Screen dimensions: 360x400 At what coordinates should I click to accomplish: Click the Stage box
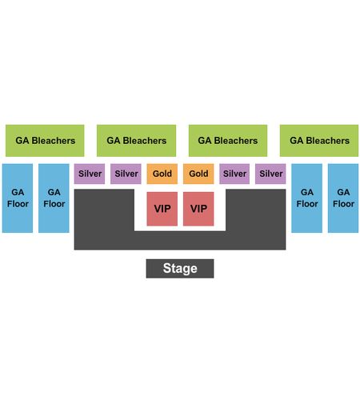tap(180, 269)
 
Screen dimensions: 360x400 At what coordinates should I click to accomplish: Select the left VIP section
tap(162, 209)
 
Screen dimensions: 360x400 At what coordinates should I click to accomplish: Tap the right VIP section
tap(198, 209)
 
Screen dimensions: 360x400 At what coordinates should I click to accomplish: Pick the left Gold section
tap(162, 174)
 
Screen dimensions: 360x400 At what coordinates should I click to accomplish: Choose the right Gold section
tap(198, 174)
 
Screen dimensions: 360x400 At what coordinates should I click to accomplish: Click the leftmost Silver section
tap(90, 174)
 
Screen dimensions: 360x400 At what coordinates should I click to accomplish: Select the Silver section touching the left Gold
tap(126, 174)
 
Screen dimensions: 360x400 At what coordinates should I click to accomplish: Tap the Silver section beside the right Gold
tap(234, 174)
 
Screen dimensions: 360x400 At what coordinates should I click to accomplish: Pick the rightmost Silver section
tap(270, 174)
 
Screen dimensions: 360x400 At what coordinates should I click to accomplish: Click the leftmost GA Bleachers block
tap(45, 141)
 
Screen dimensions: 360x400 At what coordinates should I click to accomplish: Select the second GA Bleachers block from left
tap(136, 141)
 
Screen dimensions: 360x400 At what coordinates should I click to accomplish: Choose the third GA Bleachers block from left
tap(228, 141)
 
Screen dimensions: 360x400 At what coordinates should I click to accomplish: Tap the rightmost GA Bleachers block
tap(319, 141)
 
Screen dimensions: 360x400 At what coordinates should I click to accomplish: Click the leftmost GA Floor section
tap(18, 198)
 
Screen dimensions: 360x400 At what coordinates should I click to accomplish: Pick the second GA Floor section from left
tap(54, 198)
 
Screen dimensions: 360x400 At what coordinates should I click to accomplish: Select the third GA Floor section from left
tap(306, 198)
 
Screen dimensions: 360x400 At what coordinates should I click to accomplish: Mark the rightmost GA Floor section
tap(343, 198)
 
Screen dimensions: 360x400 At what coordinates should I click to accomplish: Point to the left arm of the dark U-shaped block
tap(104, 210)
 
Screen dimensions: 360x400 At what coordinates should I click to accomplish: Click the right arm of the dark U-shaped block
tap(256, 210)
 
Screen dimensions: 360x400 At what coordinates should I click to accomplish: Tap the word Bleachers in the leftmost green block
tap(54, 141)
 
